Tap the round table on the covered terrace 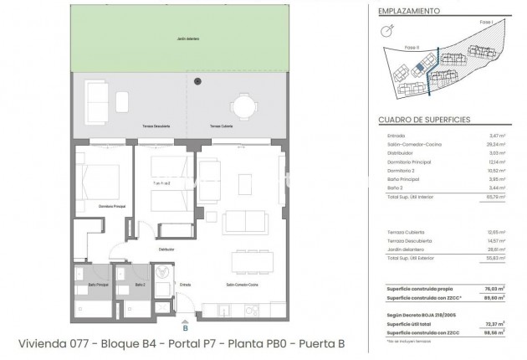coord(243,105)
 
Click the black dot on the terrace coord(198,81)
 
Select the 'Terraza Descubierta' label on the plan coord(156,126)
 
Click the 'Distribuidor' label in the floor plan coord(167,249)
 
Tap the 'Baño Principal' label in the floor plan coord(98,285)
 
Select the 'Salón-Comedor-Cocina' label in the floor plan coord(242,285)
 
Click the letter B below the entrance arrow coord(186,327)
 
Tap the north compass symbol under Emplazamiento coord(387,30)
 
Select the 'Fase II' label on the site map coord(410,48)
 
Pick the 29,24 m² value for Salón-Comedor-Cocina coord(497,144)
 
